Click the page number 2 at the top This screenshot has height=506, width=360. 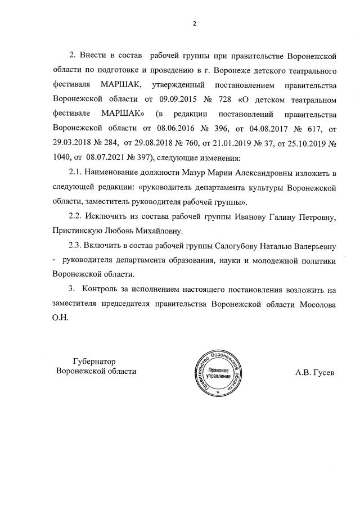click(x=193, y=24)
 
